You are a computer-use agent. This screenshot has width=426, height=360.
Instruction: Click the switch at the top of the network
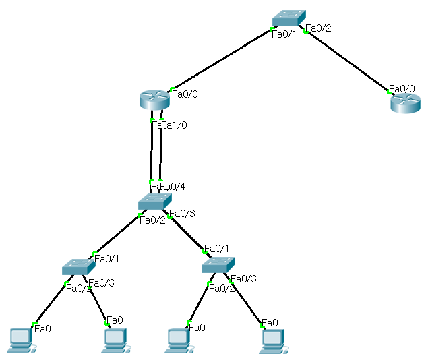coord(288,19)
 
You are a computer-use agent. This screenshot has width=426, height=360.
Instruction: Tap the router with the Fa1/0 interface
coord(156,100)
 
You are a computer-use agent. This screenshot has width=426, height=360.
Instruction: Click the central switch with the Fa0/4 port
coord(155,202)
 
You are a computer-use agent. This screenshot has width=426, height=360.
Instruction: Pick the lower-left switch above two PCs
coord(78,267)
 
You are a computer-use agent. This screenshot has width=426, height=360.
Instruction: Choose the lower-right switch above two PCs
coord(218,265)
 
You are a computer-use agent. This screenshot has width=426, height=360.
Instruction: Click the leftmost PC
coord(20,339)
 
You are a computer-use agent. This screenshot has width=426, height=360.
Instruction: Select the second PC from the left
coord(115,339)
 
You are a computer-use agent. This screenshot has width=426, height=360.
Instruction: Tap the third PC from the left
coord(179,339)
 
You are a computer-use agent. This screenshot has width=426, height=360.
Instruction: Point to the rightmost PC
coord(273,339)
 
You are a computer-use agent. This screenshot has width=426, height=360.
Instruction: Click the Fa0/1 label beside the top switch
coord(283,34)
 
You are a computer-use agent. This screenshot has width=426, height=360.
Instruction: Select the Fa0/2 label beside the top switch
coord(318,28)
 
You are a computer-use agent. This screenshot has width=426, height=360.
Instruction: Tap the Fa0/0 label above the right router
coord(401,89)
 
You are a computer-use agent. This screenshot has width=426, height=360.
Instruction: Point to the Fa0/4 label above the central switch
coord(173,186)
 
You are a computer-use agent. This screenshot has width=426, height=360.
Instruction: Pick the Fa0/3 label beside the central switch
coord(182,214)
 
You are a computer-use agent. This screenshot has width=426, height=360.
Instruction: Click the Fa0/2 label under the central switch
coord(152,220)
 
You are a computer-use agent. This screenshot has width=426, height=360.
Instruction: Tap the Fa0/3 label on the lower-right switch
coord(243,278)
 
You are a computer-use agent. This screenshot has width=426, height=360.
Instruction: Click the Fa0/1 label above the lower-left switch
coord(107,258)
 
